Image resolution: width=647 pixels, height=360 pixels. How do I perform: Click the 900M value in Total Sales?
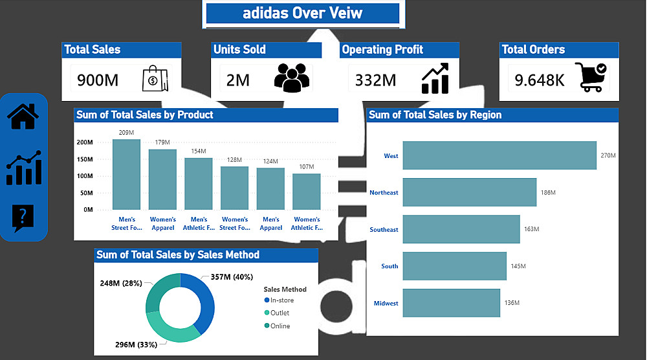(x=98, y=80)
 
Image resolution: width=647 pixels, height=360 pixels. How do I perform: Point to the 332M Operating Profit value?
(x=376, y=80)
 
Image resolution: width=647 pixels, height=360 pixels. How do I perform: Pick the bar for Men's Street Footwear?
(x=126, y=174)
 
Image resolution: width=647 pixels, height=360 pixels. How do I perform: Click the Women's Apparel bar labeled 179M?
(x=162, y=179)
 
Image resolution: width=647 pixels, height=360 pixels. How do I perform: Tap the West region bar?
(x=499, y=155)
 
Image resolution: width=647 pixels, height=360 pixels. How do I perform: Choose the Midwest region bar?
(x=451, y=303)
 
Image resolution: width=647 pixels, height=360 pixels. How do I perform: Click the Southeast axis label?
(x=384, y=230)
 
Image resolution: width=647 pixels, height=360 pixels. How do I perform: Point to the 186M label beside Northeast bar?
(x=548, y=193)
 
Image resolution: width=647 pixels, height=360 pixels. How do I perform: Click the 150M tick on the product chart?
(x=85, y=159)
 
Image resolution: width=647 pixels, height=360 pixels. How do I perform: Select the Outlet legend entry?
(x=280, y=313)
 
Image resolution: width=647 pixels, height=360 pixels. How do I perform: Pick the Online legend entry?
(x=280, y=326)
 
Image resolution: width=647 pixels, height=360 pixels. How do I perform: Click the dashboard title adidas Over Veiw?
(x=303, y=13)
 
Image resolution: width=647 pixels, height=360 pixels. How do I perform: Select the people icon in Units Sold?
(x=292, y=76)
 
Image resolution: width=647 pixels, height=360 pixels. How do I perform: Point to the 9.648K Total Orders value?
(x=540, y=80)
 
